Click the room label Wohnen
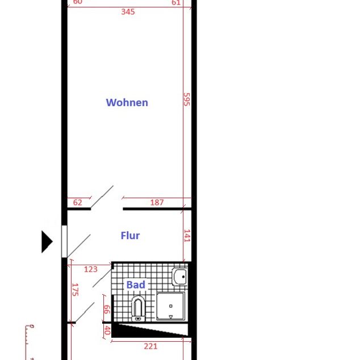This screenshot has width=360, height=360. [127, 103]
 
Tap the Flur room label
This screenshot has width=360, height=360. [130, 236]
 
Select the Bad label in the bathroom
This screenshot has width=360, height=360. [136, 284]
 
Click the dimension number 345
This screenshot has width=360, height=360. [128, 11]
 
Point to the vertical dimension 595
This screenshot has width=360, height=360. [187, 99]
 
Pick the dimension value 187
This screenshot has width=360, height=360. [157, 203]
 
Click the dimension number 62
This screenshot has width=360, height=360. [78, 203]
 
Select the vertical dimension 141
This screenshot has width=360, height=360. [187, 236]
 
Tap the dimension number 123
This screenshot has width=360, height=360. [90, 269]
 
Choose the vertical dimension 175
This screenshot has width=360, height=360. [74, 290]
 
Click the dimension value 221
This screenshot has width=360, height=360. [150, 346]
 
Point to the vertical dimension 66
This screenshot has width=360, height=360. [106, 309]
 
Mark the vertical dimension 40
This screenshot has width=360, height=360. [106, 330]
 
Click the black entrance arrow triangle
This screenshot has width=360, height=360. [47, 241]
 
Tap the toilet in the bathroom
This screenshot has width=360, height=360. [138, 309]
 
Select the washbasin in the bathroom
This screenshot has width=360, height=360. [180, 277]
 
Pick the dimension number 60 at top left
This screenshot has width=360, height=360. [77, 2]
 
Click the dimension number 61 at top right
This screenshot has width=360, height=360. [175, 2]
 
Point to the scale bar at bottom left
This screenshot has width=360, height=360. [28, 342]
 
